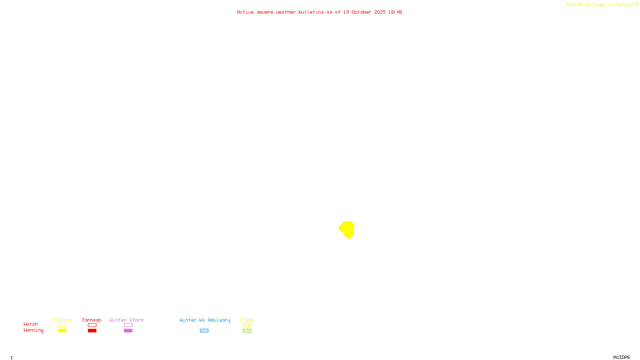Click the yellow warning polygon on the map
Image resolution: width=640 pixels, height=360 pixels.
(347, 229)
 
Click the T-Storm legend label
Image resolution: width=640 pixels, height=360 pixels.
(62, 320)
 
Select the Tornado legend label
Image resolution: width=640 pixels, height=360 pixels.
(92, 320)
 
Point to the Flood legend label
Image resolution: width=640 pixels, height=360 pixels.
(247, 320)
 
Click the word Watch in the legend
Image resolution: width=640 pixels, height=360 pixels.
(31, 324)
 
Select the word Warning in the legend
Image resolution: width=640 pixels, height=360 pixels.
(33, 330)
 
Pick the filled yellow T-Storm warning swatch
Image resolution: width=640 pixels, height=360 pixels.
(62, 331)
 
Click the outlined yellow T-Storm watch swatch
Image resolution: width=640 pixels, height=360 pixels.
(62, 325)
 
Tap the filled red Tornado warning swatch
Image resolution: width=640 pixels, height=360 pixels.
(92, 331)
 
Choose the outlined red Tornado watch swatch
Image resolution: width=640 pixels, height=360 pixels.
(92, 325)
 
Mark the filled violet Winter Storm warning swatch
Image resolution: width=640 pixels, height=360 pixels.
(128, 331)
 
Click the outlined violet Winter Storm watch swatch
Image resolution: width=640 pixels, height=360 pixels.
(128, 325)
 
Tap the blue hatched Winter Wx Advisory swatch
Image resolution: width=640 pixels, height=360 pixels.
(204, 331)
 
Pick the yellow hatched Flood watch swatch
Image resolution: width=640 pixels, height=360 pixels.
(247, 325)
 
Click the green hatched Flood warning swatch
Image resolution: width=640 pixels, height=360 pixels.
(247, 331)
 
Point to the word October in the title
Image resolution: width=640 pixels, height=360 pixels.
(361, 12)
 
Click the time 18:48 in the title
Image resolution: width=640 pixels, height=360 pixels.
(395, 12)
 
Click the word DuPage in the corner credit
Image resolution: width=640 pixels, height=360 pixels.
(624, 5)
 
